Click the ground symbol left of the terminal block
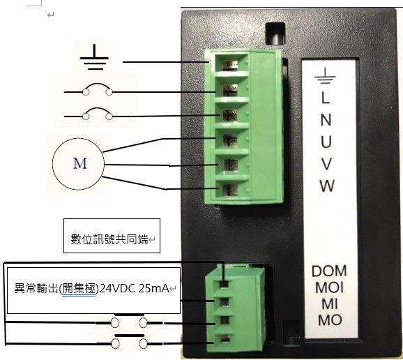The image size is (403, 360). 94,57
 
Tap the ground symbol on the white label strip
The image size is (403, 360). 325,75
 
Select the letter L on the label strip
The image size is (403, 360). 326,98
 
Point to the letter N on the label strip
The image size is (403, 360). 326,119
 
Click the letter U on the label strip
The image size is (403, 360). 326,142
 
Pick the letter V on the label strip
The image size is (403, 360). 326,164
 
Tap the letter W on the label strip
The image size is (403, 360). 327,186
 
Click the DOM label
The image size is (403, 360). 329,271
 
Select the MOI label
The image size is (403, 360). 329,287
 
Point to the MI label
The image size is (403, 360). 330,304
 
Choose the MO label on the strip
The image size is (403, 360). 330,320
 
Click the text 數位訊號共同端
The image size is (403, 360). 109,239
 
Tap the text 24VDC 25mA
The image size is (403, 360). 134,289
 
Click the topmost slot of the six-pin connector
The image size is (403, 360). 230,65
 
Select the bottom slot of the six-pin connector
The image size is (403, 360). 230,190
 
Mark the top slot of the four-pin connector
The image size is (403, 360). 225,284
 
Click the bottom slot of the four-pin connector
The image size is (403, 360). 225,339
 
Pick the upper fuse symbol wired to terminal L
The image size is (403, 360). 98,90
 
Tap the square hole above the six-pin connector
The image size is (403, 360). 275,33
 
